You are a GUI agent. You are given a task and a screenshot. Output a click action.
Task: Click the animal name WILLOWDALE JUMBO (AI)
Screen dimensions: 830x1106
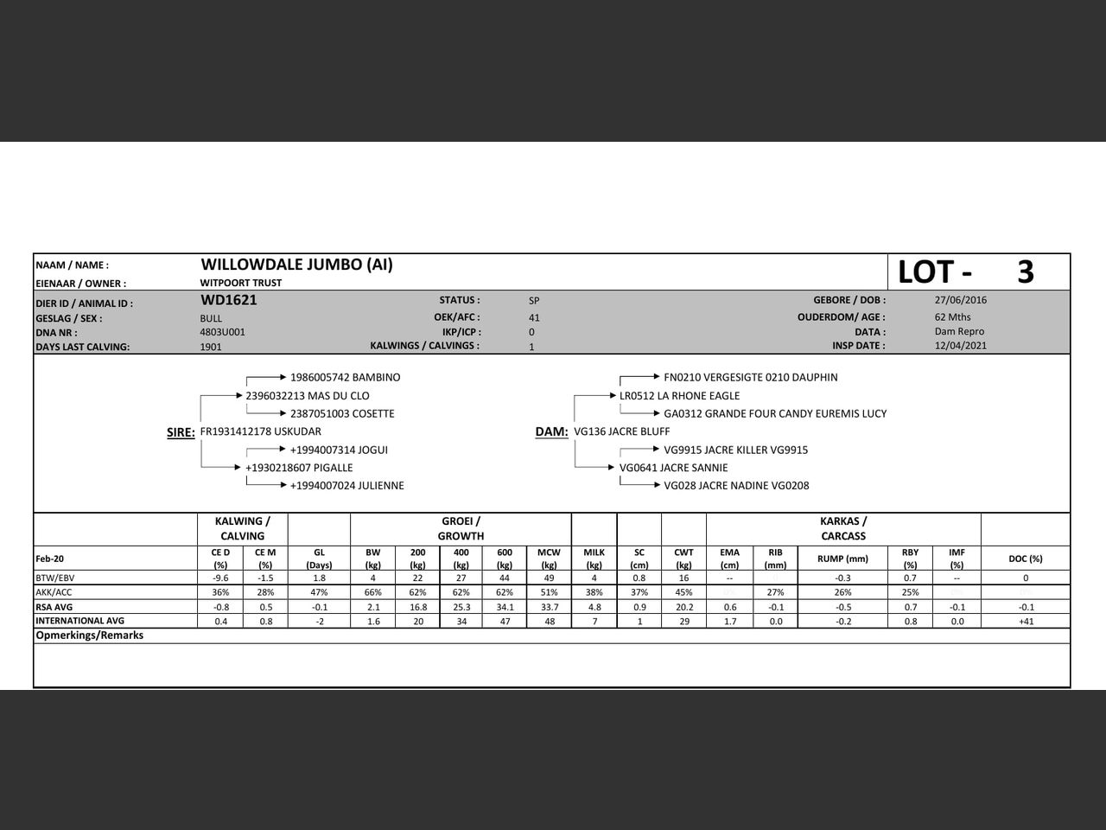(x=296, y=265)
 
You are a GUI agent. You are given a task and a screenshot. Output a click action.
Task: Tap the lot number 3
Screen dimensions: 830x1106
(x=1025, y=272)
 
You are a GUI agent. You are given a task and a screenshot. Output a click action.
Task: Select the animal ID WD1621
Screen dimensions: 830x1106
(x=228, y=300)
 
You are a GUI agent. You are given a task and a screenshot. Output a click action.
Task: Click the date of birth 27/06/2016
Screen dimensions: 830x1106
(x=960, y=300)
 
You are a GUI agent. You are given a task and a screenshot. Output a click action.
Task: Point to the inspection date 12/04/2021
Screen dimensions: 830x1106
(x=960, y=346)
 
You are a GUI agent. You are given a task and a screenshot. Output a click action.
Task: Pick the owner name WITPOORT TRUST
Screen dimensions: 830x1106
(x=240, y=283)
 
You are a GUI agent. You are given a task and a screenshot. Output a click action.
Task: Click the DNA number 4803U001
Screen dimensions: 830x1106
(x=222, y=332)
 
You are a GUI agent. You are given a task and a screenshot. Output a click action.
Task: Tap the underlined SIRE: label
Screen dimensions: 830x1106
(x=181, y=432)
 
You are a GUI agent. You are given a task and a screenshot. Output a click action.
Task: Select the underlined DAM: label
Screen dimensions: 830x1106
(x=551, y=432)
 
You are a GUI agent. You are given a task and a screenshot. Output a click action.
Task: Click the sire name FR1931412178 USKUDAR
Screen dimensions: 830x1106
(x=260, y=431)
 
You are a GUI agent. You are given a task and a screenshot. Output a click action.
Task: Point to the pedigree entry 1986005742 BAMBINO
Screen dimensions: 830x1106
(x=345, y=377)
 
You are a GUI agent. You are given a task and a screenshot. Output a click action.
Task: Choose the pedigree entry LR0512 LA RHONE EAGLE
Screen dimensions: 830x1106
(x=679, y=396)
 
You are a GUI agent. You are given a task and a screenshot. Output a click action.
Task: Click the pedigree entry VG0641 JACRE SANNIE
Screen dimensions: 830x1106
(x=673, y=468)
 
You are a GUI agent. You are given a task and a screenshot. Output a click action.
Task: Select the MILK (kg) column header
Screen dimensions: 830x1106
(x=594, y=558)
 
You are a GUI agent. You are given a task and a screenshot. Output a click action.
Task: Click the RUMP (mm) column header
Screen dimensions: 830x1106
(x=842, y=559)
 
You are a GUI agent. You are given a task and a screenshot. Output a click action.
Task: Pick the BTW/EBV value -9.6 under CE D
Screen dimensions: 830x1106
(x=220, y=578)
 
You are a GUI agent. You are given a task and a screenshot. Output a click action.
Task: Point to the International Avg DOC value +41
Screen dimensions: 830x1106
(x=1026, y=622)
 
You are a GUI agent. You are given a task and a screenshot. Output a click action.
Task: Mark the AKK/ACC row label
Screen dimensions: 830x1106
(x=54, y=592)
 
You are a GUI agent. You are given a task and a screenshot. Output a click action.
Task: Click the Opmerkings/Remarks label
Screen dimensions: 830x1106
(x=89, y=635)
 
